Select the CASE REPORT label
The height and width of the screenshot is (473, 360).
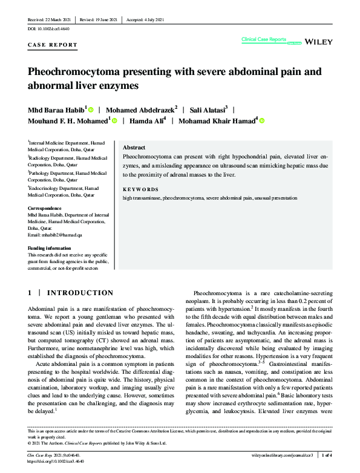pos(53,45)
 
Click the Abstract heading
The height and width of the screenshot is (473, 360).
pos(134,148)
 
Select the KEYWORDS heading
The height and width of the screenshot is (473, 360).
pos(140,189)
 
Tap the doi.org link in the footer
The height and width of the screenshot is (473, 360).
pos(56,460)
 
